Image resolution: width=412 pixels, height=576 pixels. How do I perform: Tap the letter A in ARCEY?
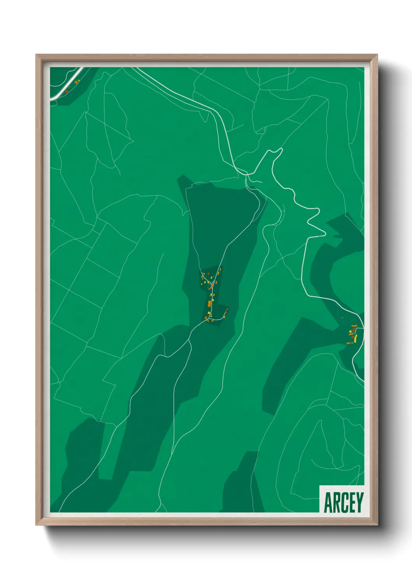[328, 502]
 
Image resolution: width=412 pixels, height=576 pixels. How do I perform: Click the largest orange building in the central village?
[210, 304]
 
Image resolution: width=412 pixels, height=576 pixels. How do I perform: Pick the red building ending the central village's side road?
[227, 310]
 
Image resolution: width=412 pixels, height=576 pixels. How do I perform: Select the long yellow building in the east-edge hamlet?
[356, 337]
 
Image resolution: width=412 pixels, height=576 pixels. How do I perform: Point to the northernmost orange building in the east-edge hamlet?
[354, 325]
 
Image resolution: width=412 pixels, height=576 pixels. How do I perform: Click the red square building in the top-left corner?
[67, 91]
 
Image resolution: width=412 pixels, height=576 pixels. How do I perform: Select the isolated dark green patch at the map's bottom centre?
[243, 485]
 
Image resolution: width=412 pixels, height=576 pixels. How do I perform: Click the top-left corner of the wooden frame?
[37, 55]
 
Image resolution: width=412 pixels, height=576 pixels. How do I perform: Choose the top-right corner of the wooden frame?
[377, 55]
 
